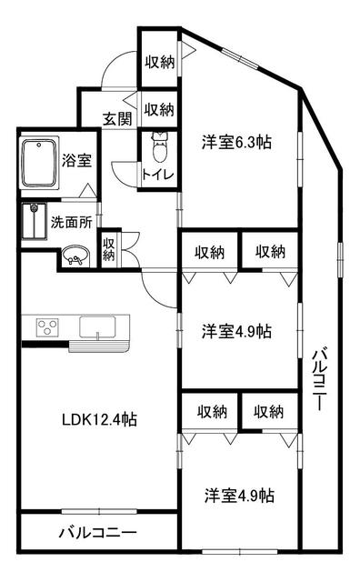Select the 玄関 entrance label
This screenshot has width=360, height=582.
click(x=115, y=118)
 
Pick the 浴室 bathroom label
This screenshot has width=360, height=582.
click(x=77, y=160)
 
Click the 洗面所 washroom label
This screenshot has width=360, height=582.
click(x=69, y=220)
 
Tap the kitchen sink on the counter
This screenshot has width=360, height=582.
click(x=100, y=326)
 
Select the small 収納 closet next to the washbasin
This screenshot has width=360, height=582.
click(x=109, y=249)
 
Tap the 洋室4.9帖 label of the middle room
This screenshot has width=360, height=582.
click(x=235, y=331)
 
